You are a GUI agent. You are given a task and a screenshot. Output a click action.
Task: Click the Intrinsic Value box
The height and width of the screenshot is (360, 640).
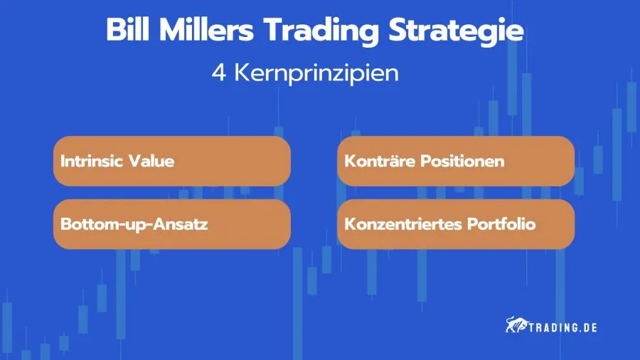coord(172,162)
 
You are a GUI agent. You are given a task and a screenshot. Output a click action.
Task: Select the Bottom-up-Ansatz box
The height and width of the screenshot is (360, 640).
coord(172,224)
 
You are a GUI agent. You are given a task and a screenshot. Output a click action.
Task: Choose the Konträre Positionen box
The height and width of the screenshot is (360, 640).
coord(455,162)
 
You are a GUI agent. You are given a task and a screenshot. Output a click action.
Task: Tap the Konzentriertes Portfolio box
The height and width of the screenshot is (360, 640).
coord(455,224)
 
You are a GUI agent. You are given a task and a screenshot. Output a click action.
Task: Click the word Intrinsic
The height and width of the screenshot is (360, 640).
coord(91,162)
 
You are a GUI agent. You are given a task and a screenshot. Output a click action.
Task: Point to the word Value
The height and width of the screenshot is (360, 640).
coord(151,162)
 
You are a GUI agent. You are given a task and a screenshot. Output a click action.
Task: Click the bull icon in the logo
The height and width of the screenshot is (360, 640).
coord(516,327)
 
